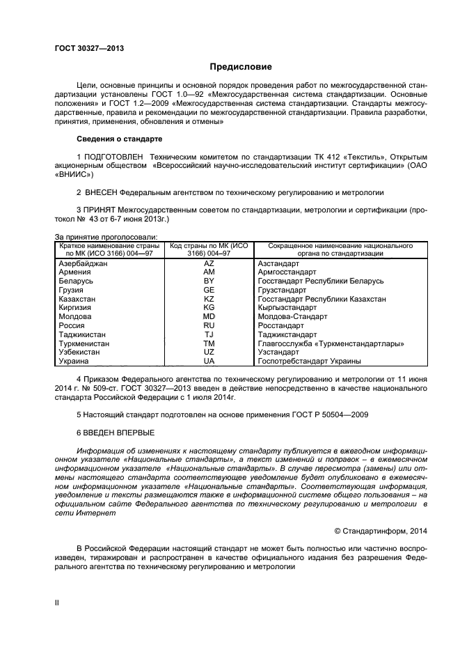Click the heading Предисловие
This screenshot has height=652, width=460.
point(241,67)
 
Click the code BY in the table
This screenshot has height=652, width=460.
point(209,281)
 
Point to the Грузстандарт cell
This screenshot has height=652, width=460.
point(281,290)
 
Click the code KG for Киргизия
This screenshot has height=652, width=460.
point(209,307)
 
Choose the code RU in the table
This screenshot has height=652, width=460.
point(209,325)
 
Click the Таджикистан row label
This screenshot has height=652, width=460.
point(81,334)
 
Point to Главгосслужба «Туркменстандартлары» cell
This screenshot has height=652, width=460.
point(331,343)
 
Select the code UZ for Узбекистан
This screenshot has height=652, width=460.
point(209,352)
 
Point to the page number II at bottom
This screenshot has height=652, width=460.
point(57,600)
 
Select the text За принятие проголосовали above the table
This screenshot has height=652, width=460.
point(106,238)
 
